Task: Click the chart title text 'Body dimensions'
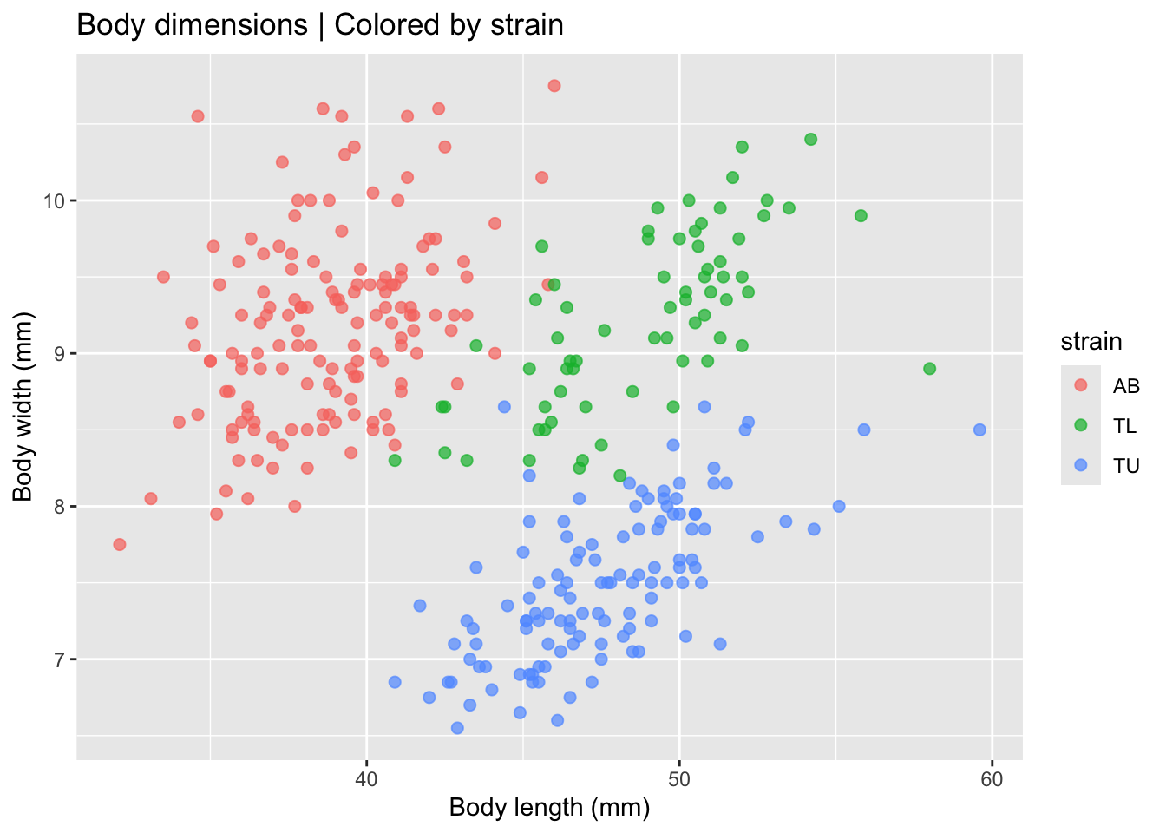coord(192,24)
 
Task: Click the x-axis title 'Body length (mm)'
coord(549,808)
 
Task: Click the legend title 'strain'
coord(1091,342)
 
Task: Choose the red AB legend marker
coord(1081,385)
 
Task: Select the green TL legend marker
coord(1081,425)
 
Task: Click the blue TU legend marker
coord(1081,465)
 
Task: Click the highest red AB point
coord(554,86)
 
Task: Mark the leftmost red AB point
coord(120,544)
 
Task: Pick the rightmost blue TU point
coord(979,430)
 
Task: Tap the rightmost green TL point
coord(930,369)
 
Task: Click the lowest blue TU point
coord(457,728)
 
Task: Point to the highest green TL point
coord(811,140)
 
